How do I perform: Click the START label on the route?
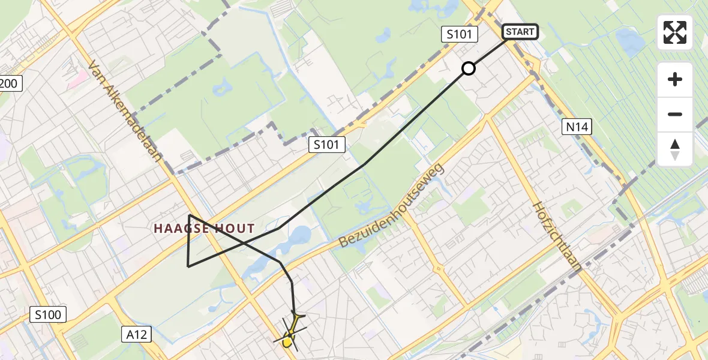tap(520, 32)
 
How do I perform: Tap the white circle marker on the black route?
tap(469, 68)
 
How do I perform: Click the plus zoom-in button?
tap(675, 79)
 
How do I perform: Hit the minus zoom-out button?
tap(675, 115)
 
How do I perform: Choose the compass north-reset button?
tap(675, 149)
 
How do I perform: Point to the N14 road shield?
tap(577, 127)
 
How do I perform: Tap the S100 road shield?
tap(48, 314)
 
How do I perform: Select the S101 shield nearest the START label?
tap(460, 34)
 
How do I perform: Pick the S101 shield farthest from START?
tap(328, 144)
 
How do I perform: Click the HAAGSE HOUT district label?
tap(204, 229)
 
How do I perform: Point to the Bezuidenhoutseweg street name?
tap(394, 206)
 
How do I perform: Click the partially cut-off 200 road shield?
tap(10, 83)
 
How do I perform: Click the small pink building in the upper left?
tap(77, 79)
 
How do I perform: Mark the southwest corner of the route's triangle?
tap(188, 266)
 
